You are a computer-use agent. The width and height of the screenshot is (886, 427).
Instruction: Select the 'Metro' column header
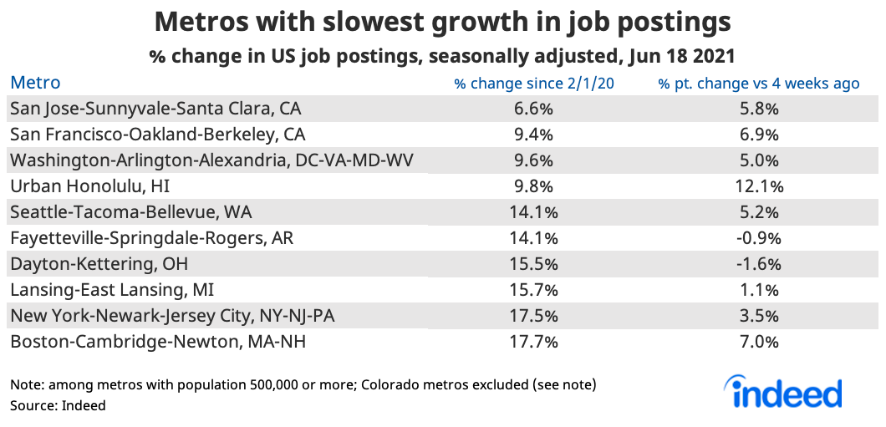pyautogui.click(x=35, y=83)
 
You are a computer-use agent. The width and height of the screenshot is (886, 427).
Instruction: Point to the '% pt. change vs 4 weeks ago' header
pyautogui.click(x=759, y=84)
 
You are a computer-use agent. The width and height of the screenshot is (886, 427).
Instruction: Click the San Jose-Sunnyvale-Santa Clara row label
pyautogui.click(x=155, y=109)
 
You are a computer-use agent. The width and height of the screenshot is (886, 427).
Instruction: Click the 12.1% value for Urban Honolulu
pyautogui.click(x=759, y=186)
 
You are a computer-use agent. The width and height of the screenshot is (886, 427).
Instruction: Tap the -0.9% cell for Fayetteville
pyautogui.click(x=759, y=238)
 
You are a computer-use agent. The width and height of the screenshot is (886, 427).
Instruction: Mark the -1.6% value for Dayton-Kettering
pyautogui.click(x=759, y=264)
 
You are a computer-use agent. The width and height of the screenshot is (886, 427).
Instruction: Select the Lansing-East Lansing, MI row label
pyautogui.click(x=112, y=290)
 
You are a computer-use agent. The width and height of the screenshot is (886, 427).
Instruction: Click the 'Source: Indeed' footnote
pyautogui.click(x=58, y=405)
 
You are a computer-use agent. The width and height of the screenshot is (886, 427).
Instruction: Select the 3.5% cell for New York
pyautogui.click(x=759, y=316)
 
